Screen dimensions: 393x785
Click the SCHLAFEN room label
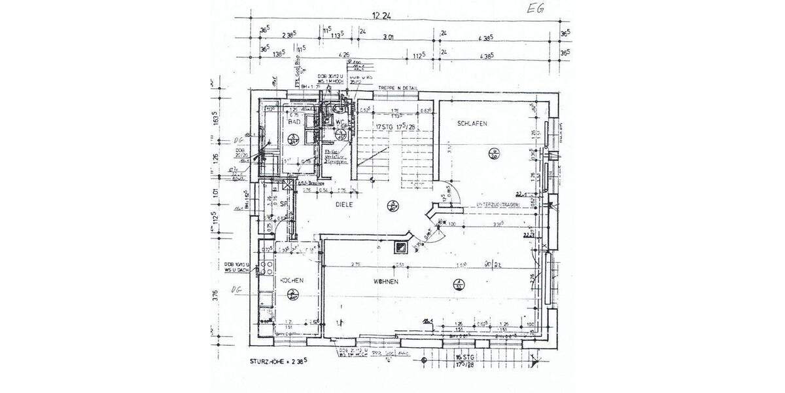point(472,123)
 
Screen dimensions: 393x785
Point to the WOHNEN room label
point(387,281)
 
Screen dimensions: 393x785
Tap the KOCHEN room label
point(292,281)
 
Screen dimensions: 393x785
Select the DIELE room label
point(345,205)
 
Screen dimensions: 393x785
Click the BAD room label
point(294,122)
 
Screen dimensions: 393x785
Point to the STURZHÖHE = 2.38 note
point(279,361)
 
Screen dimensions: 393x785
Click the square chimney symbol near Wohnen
point(398,248)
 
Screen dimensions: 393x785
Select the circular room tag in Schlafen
point(493,155)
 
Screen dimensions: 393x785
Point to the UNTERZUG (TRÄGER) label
point(498,205)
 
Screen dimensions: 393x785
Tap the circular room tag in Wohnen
point(458,284)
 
